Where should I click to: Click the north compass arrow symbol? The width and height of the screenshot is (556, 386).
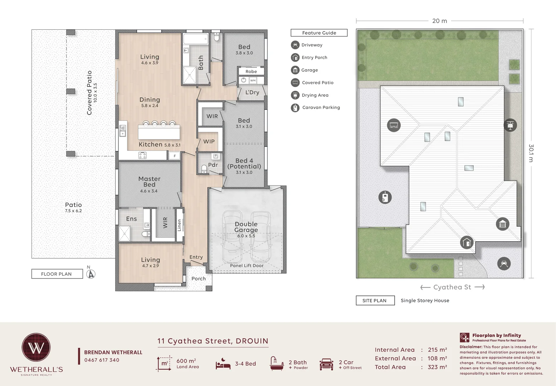point(91,274)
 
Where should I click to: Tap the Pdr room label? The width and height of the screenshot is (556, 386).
point(213,165)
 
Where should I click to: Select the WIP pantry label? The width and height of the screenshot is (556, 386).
point(209,141)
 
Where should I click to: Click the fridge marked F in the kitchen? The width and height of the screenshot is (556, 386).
point(175,156)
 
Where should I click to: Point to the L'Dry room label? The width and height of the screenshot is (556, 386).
point(252,92)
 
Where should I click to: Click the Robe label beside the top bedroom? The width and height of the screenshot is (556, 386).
point(251,71)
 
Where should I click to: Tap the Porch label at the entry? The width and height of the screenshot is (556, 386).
point(199,278)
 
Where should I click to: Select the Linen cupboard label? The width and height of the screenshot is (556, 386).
point(179,225)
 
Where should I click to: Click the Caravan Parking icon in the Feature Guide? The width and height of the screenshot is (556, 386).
point(295,108)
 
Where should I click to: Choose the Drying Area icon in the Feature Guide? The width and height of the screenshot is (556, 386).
point(295,95)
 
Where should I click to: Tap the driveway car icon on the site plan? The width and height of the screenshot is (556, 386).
point(504,263)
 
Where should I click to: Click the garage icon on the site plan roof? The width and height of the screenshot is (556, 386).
point(503,224)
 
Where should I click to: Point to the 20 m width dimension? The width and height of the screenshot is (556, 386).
point(440,21)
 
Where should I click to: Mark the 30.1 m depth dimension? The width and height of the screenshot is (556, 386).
point(531,153)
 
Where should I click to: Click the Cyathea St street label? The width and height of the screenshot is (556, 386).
point(452,287)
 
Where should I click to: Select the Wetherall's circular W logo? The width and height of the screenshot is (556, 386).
point(36,347)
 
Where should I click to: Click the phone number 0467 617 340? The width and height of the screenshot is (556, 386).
point(102,360)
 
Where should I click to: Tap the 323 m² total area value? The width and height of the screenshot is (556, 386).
point(437,367)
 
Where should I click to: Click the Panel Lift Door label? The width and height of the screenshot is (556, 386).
point(247,266)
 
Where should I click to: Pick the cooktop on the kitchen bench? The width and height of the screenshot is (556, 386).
point(142,155)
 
